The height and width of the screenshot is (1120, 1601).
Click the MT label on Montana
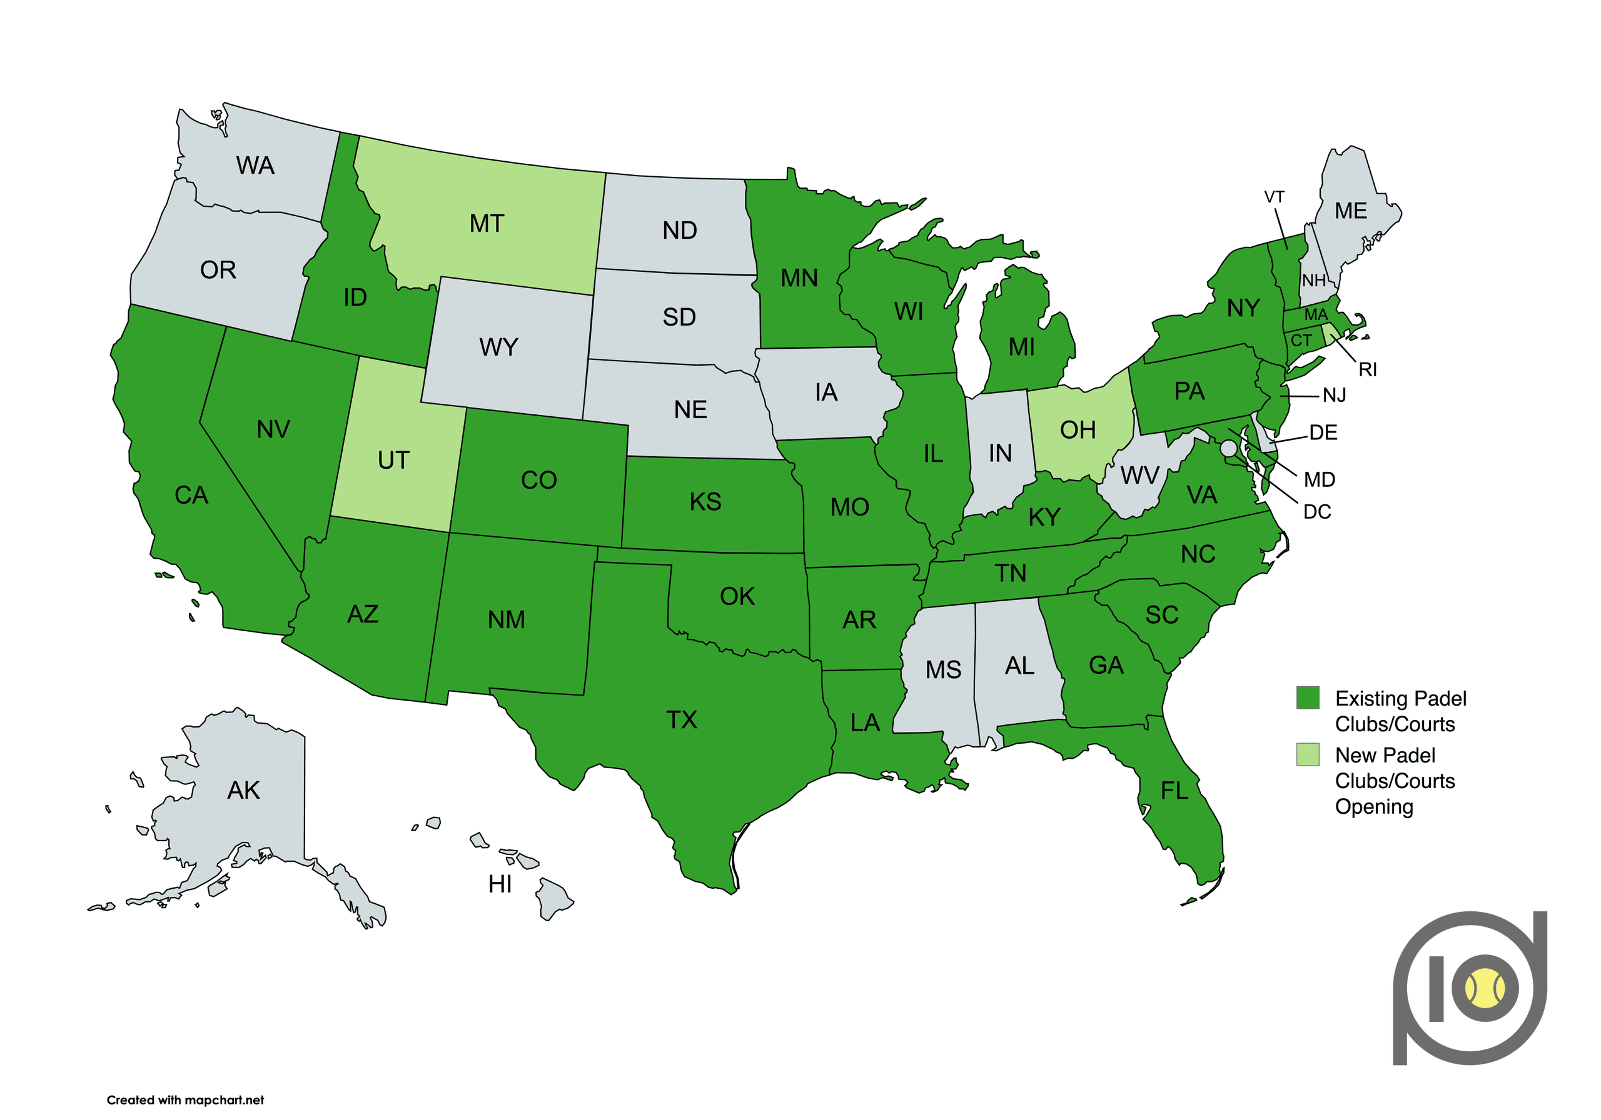[486, 224]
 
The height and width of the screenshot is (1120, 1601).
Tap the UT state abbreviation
[393, 460]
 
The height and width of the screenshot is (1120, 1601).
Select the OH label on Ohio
[1078, 430]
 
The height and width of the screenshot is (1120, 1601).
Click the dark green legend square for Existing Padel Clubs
[1308, 697]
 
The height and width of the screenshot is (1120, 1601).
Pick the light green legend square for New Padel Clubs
[1308, 754]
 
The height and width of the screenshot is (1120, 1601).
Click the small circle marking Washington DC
[1229, 448]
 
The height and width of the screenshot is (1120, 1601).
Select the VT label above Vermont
[1274, 197]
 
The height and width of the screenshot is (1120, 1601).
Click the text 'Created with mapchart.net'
[186, 1100]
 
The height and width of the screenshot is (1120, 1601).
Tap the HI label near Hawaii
[500, 884]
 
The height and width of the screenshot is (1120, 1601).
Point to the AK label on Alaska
[243, 791]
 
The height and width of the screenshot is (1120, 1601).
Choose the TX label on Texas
[681, 720]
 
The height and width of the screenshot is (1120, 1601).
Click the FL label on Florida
[1174, 791]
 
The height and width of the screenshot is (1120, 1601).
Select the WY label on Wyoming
[498, 347]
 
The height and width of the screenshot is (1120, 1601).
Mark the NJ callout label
[1334, 396]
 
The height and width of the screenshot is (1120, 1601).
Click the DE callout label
[1323, 432]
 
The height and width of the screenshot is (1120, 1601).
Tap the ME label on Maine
[1351, 211]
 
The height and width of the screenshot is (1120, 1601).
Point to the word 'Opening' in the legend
[1374, 806]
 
